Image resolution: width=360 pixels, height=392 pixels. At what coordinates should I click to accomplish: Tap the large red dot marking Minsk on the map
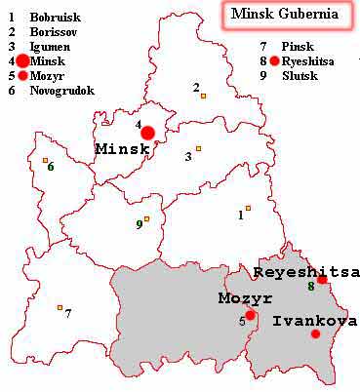(x=147, y=133)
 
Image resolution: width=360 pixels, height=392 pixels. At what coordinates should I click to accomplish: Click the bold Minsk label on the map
(x=123, y=149)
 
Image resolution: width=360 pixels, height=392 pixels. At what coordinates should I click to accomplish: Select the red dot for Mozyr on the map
(x=251, y=315)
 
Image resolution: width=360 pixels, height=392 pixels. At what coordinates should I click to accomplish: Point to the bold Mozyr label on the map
(x=244, y=298)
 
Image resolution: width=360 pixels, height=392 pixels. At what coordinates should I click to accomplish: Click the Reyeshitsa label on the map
(x=306, y=271)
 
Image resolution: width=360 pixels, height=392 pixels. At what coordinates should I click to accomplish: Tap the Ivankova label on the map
(x=313, y=321)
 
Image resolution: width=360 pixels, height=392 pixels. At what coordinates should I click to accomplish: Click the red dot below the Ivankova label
(x=315, y=334)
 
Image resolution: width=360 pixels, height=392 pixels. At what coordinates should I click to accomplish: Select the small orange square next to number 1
(x=249, y=208)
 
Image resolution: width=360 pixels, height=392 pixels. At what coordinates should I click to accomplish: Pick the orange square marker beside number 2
(x=203, y=96)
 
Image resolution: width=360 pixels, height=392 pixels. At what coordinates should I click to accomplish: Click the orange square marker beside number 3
(x=198, y=148)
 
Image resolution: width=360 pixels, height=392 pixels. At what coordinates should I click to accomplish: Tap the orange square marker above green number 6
(x=45, y=160)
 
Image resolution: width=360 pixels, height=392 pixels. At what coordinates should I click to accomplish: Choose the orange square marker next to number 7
(x=60, y=308)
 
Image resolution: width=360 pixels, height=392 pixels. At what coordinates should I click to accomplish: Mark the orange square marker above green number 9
(x=146, y=218)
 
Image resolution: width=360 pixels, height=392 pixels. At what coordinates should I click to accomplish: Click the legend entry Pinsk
(x=296, y=46)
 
